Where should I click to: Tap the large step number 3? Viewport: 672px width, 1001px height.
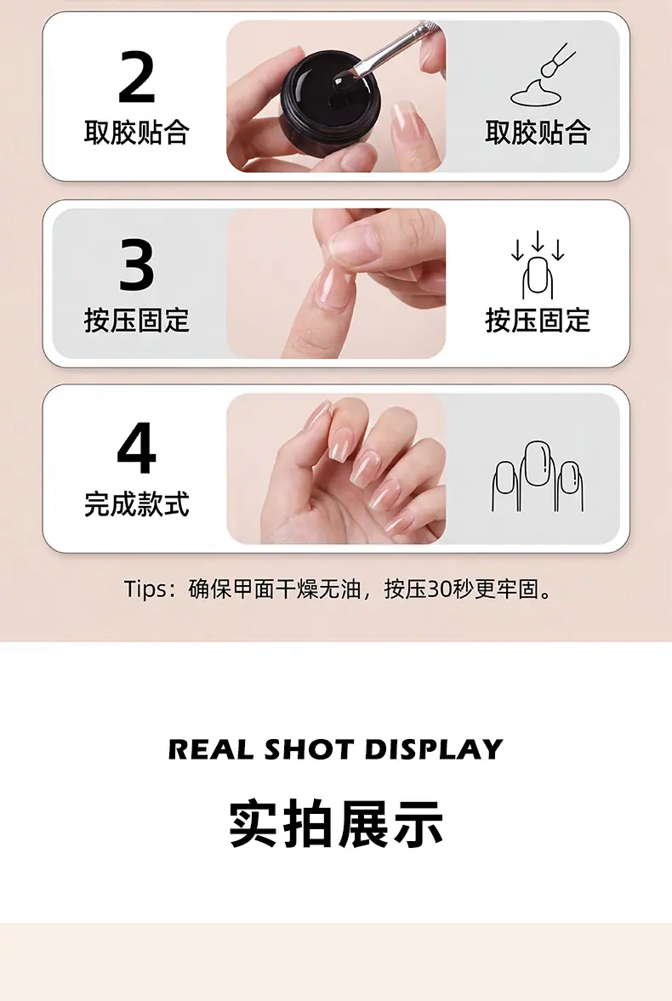(137, 264)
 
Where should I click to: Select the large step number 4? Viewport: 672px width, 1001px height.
(137, 448)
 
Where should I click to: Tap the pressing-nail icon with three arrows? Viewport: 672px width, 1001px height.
(538, 265)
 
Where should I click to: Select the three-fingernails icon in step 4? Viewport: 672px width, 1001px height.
(538, 475)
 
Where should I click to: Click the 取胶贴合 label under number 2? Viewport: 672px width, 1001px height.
(137, 132)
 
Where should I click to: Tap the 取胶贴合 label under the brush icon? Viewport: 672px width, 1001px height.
(538, 132)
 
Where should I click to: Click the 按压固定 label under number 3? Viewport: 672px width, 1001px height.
(137, 320)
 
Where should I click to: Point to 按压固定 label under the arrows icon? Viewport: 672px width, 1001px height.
(538, 320)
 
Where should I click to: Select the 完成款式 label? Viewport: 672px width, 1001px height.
(137, 503)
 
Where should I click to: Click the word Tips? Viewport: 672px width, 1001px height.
(145, 589)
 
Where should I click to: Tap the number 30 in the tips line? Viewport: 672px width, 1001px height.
(440, 589)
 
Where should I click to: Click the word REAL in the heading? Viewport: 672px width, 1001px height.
(211, 749)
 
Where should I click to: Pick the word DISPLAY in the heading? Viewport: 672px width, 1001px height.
(434, 749)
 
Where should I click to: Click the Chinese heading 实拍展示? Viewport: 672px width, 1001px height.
(336, 823)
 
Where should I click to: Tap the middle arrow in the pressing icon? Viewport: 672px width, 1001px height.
(538, 241)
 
